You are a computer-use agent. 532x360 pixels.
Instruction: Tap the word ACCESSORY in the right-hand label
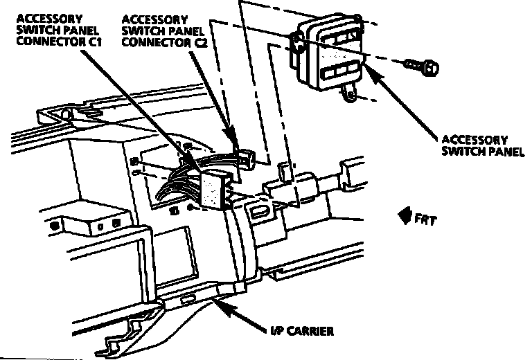click(x=475, y=139)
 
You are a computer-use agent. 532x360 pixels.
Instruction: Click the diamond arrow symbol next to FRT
click(x=403, y=218)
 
